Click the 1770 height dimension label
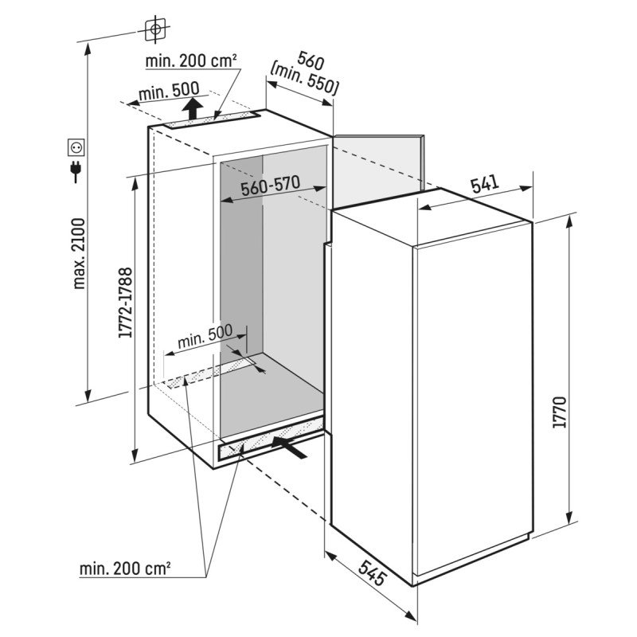560,412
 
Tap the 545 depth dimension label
372,573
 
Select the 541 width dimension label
485,184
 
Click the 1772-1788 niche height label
126,303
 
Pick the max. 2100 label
79,254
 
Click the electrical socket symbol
76,147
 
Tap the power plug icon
76,171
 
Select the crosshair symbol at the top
154,29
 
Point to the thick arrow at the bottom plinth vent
289,447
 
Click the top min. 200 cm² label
191,61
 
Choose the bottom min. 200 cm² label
125,569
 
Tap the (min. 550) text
303,80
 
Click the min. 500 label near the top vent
169,92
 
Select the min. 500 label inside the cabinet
205,336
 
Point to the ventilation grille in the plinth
271,440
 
